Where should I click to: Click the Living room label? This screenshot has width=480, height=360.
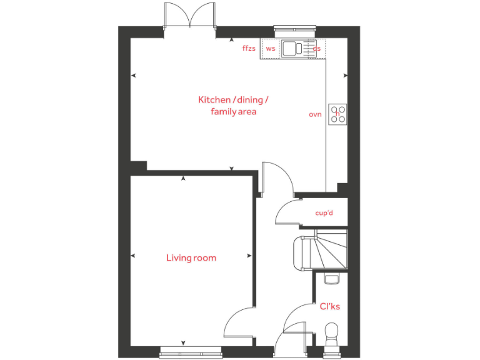pos(191,257)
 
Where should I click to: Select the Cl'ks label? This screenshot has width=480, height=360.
pos(329,306)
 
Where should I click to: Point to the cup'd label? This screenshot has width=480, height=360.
pos(324,213)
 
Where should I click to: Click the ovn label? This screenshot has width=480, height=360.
pos(315,114)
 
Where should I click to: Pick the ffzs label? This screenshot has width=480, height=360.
pos(249,47)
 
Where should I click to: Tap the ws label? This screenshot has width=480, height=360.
pos(271,48)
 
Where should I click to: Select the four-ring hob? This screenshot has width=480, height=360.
pos(338,113)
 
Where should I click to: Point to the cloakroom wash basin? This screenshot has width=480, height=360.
pos(332,279)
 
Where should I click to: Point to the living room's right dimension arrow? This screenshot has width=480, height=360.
pos(249,256)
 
